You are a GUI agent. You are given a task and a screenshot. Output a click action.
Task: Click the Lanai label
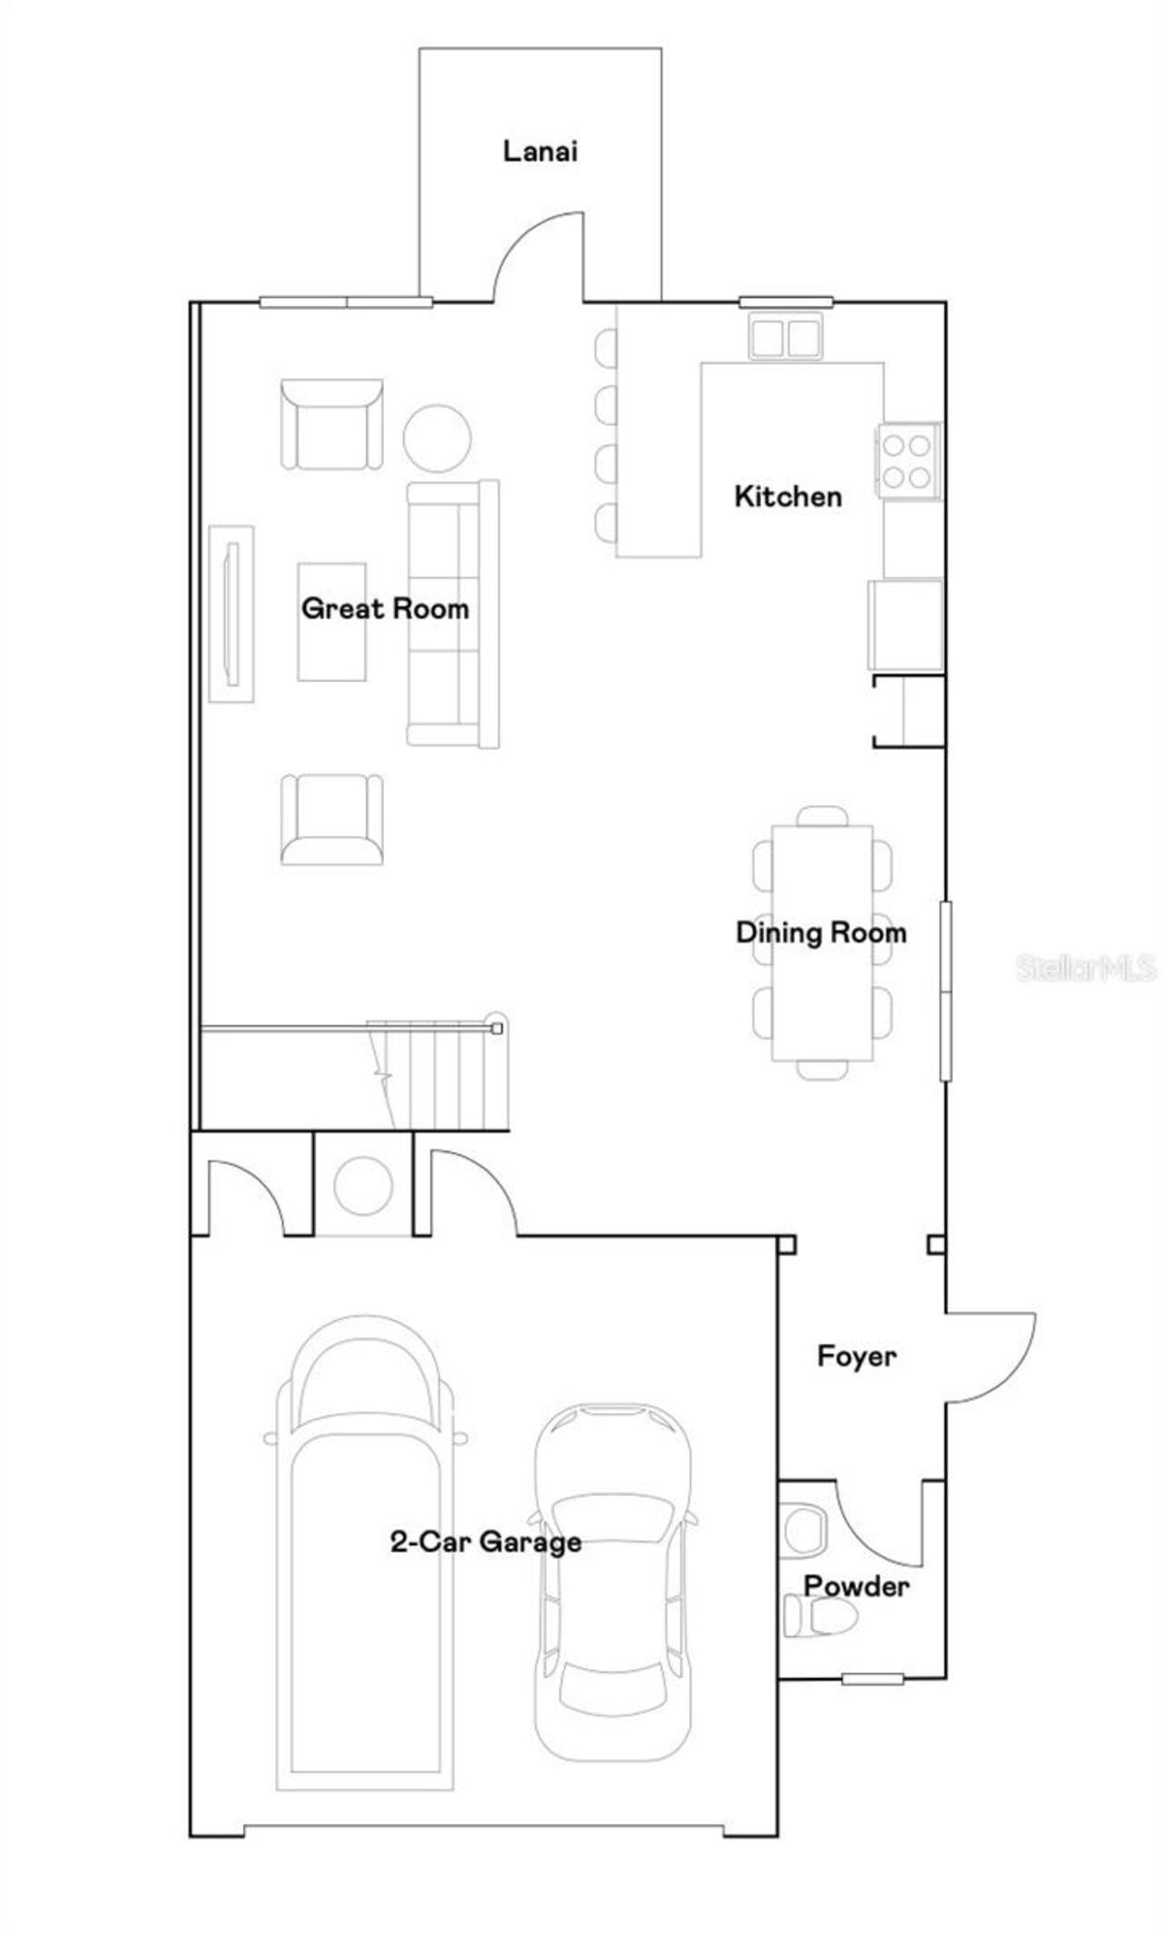coord(540,151)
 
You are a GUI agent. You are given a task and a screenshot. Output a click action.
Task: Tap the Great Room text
coord(385,608)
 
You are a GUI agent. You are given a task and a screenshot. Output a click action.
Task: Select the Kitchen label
coord(788,497)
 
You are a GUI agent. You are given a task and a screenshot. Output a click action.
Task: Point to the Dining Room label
coord(821,932)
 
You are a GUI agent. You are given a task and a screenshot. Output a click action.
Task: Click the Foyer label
coord(856,1357)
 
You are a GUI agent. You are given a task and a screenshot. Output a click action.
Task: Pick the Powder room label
coord(856,1586)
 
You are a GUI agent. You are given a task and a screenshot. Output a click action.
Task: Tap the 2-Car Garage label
coord(486,1542)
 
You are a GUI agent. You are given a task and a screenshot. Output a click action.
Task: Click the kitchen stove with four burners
coord(908,461)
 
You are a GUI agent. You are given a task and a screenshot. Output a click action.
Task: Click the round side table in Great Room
coord(437,438)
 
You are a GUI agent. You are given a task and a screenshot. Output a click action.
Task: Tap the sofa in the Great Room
coord(453,614)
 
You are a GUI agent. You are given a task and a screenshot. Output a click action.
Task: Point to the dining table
coord(822,942)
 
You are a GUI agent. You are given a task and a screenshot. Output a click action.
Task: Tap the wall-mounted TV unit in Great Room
coord(231,614)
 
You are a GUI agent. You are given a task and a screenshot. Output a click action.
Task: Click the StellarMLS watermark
coord(1086,968)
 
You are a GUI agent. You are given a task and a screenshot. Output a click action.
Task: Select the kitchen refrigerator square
coord(905,625)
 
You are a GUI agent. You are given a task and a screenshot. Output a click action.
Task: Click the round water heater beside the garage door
coord(363,1186)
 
